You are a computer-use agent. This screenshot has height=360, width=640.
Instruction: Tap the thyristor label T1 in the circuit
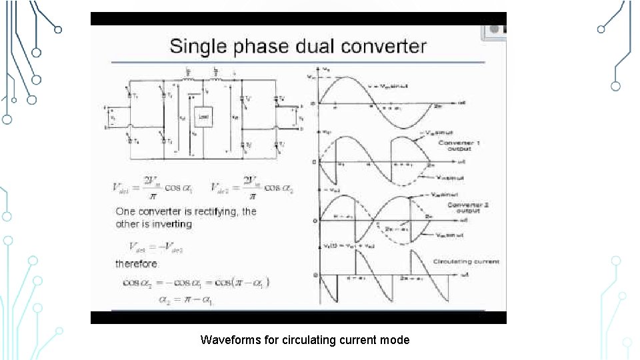pyautogui.click(x=136, y=95)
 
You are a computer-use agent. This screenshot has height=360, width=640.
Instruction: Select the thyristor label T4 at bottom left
pyautogui.click(x=136, y=141)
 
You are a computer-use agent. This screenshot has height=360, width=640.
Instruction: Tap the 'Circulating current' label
pyautogui.click(x=467, y=261)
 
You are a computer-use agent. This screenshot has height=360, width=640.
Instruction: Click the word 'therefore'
pyautogui.click(x=136, y=264)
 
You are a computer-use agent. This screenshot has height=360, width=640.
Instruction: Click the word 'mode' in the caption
pyautogui.click(x=395, y=340)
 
